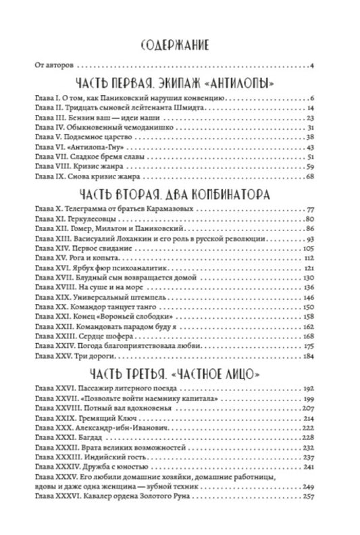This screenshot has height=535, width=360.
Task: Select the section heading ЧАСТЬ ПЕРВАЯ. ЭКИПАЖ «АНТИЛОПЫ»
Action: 180,84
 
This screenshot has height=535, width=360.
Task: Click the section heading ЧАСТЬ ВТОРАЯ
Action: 180,195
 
